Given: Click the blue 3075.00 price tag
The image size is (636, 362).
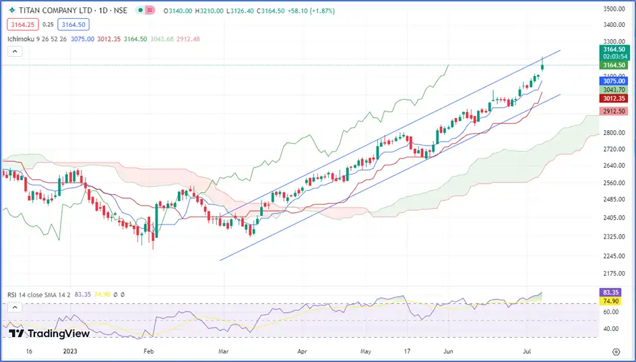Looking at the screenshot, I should tap(613, 81).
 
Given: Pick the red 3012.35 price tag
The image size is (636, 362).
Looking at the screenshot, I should tap(613, 98).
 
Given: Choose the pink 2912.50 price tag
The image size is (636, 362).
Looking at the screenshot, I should tap(613, 111).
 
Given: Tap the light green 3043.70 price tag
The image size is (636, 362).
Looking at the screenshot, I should tap(613, 90).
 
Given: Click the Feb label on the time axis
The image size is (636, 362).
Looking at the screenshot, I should tap(150, 352).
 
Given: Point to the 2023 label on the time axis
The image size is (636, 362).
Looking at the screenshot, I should tap(71, 352).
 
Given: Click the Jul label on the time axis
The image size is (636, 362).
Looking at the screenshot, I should tap(528, 352).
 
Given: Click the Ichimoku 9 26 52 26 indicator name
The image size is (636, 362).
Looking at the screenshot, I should tap(38, 39).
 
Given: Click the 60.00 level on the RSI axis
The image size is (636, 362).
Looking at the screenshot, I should tap(611, 312).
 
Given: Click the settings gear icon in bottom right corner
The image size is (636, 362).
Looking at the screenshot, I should tap(616, 352).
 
